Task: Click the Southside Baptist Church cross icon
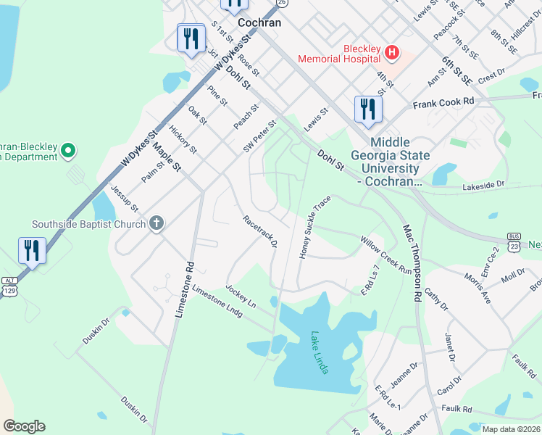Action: coord(156,224)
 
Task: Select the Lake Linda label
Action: coord(320,353)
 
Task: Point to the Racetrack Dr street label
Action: coord(259,231)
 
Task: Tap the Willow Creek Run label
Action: coord(386,253)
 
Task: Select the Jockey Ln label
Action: coord(241,297)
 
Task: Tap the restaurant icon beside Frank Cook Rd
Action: coord(368,109)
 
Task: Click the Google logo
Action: coord(23,426)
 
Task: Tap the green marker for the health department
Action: coord(68,152)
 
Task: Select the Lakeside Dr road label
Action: coord(483,186)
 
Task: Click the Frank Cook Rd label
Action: coord(443,104)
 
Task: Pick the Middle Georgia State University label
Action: coord(391,162)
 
